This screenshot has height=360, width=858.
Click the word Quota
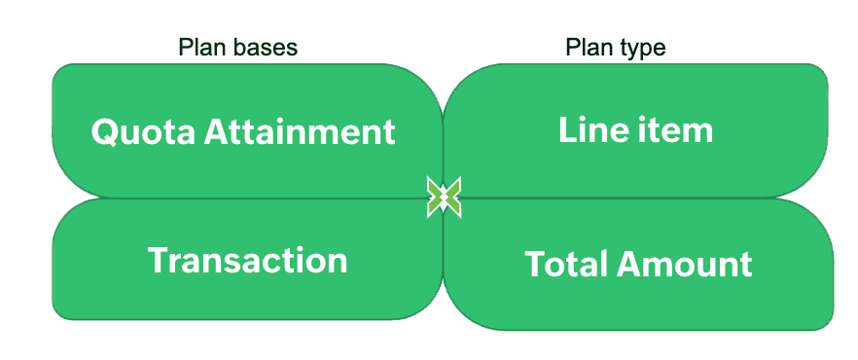[x=142, y=132]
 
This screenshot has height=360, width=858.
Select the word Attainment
[x=300, y=132]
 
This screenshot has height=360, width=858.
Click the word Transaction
[x=247, y=260]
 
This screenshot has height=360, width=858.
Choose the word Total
[x=566, y=265]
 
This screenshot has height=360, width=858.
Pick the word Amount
[x=684, y=265]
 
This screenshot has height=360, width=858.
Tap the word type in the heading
[x=640, y=49]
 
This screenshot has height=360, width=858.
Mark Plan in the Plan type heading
[x=589, y=48]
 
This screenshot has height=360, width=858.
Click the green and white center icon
[x=445, y=197]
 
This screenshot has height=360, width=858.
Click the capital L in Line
[x=567, y=130]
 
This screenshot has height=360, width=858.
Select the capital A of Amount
[x=629, y=265]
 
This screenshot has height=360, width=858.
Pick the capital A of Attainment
[x=217, y=132]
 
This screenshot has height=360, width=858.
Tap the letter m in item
[x=697, y=133]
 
